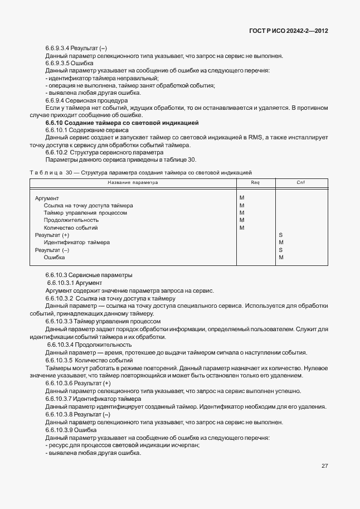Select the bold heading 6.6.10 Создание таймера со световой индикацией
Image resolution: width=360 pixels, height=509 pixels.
122,122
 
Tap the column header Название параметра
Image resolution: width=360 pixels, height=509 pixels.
133,182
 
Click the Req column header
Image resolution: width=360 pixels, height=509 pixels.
255,182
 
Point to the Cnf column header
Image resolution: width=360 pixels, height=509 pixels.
300,182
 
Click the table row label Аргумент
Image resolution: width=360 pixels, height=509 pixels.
47,198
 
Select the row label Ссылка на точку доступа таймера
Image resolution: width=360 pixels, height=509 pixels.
88,206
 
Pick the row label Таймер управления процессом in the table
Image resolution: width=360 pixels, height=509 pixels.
85,213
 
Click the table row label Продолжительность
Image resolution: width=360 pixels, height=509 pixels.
71,220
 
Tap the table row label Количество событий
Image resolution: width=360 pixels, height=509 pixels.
71,228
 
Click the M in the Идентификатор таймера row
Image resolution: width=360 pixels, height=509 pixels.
281,243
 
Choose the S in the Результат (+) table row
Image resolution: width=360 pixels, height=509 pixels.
280,235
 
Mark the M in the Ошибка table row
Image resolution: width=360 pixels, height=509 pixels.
281,258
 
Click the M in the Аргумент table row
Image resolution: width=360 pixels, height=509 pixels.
242,198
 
